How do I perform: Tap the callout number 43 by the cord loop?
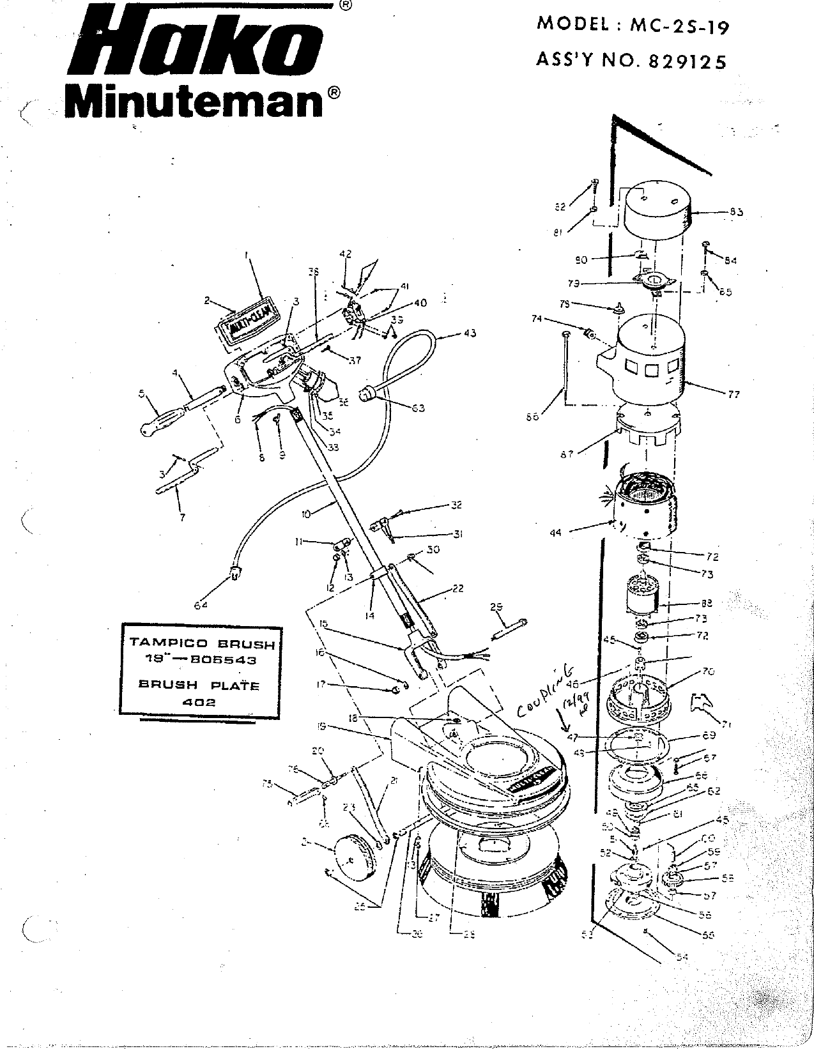coord(469,333)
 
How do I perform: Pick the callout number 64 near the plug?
coord(201,605)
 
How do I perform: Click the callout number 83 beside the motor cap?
coord(736,213)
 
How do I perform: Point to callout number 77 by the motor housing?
coord(733,394)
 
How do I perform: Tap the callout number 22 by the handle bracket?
coord(457,588)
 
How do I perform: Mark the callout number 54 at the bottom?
coord(682,956)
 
